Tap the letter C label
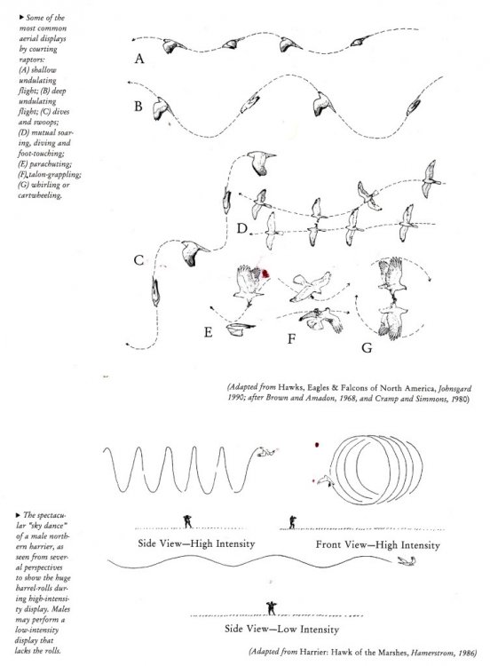pyautogui.click(x=138, y=260)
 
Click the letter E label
pyautogui.click(x=208, y=333)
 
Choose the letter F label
pyautogui.click(x=290, y=339)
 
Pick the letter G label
pyautogui.click(x=365, y=347)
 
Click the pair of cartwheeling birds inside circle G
pyautogui.click(x=389, y=297)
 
